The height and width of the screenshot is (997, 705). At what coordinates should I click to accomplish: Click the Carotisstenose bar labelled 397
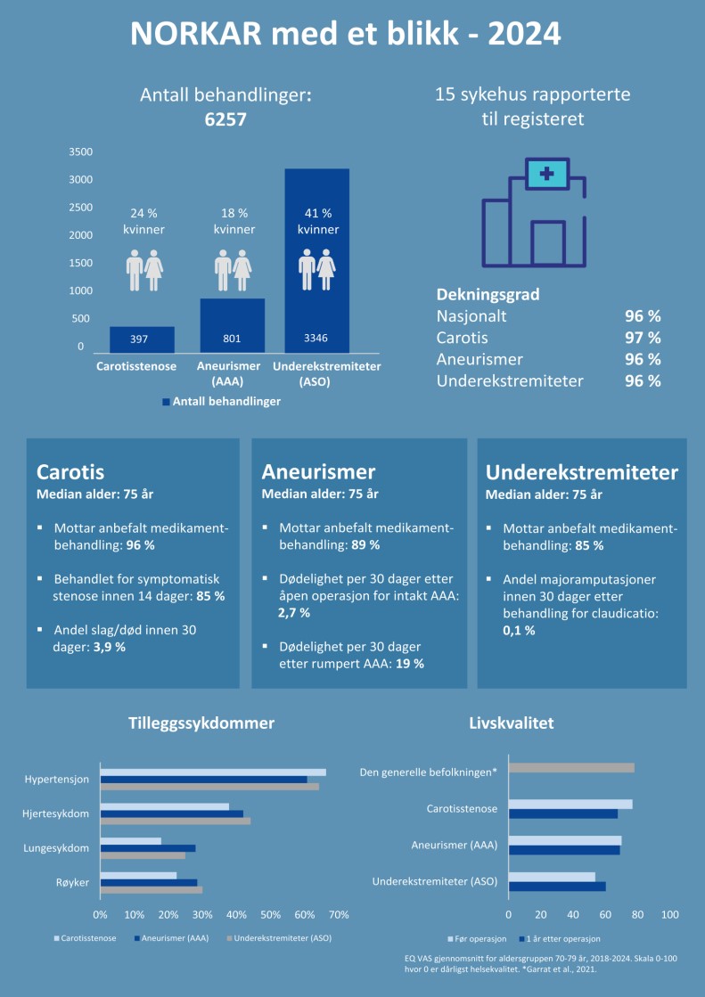point(142,339)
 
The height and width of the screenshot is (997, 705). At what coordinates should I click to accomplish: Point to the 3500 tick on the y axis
point(81,152)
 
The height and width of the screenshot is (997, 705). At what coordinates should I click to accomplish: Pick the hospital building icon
point(533,213)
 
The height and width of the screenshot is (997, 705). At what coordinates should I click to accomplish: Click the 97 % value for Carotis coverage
point(642,338)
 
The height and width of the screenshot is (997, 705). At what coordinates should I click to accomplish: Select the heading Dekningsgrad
point(488,294)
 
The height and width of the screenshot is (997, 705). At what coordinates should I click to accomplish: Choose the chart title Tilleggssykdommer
point(201,723)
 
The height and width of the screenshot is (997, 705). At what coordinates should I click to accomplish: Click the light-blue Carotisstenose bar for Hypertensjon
point(212,772)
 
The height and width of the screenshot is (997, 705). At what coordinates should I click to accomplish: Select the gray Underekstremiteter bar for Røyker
point(151,889)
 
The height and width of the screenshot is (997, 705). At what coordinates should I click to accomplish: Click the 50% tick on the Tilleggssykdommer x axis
point(271,914)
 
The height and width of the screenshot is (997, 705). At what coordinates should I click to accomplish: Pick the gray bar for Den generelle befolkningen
point(571,768)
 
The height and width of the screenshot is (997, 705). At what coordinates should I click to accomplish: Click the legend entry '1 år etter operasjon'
point(563,938)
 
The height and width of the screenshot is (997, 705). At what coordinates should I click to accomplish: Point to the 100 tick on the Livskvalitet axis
point(670,914)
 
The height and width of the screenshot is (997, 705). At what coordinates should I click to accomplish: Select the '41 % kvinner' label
point(317,221)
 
